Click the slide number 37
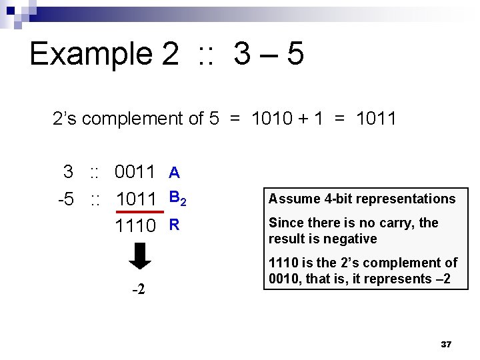(x=447, y=345)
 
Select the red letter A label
(x=174, y=173)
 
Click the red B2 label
(x=177, y=198)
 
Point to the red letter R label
(x=174, y=225)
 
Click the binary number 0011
(x=135, y=172)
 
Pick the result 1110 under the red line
(x=135, y=226)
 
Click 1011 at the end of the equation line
(x=377, y=119)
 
